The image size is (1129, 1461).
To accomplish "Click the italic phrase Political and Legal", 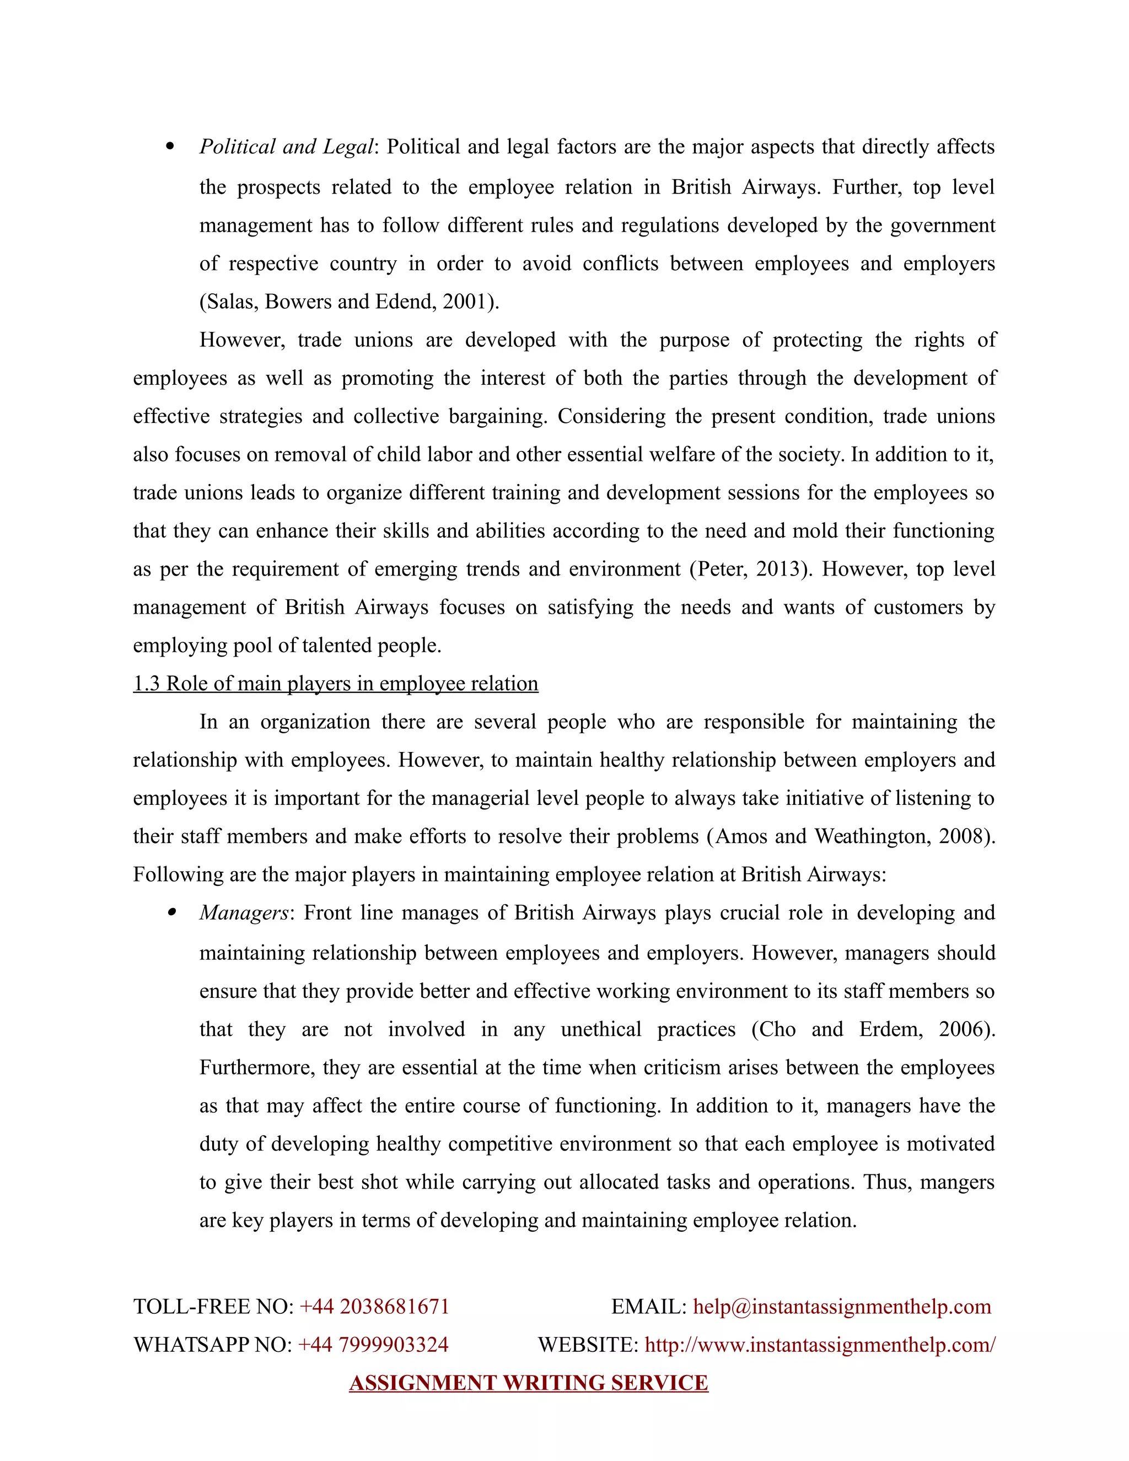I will [287, 147].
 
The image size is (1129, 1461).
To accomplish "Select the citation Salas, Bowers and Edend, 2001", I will [348, 302].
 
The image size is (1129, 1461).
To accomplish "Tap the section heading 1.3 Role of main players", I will [335, 684].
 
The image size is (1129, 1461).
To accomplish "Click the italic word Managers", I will [244, 913].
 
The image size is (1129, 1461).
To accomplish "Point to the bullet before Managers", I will [173, 911].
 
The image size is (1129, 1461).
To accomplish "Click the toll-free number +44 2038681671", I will [374, 1307].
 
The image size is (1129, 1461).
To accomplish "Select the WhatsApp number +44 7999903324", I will [373, 1345].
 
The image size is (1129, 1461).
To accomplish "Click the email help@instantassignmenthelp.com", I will [841, 1307].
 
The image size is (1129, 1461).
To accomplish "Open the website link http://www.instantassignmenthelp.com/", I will [820, 1345].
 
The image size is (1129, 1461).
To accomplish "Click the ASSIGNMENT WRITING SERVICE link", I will [528, 1383].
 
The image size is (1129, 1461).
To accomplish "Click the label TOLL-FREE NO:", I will [213, 1307].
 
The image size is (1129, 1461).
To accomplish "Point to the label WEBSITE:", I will [588, 1345].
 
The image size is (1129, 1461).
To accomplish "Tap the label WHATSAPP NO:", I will [212, 1345].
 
